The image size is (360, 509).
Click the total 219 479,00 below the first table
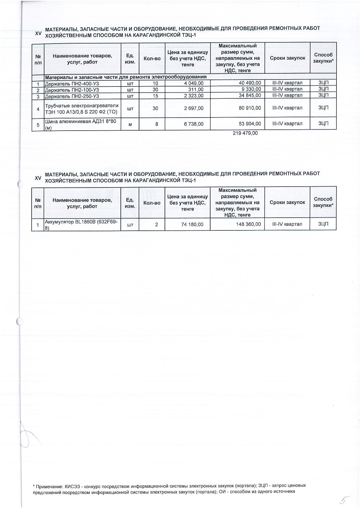[x=245, y=133]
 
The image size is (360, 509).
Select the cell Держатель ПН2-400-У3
[x=72, y=83]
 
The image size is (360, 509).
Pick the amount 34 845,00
[x=250, y=95]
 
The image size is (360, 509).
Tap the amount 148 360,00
[x=249, y=224]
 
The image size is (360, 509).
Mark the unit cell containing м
[x=130, y=124]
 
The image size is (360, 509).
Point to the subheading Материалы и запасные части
[x=125, y=77]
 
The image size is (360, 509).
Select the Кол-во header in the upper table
[x=152, y=59]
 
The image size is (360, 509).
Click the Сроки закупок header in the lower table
[x=287, y=202]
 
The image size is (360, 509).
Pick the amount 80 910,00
[x=250, y=108]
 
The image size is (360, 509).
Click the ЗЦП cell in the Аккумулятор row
[x=323, y=224]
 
